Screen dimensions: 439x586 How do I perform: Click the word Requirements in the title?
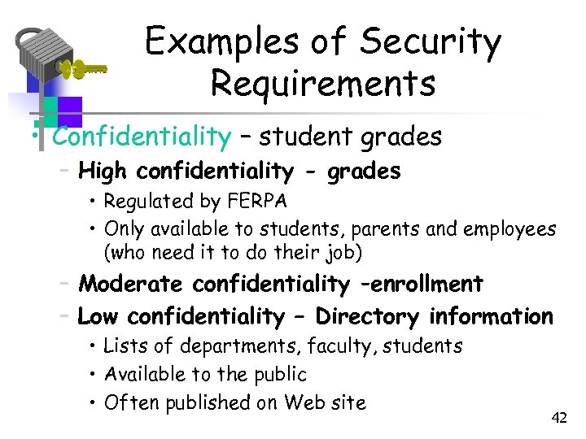(x=322, y=84)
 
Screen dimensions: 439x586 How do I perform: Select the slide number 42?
(x=558, y=418)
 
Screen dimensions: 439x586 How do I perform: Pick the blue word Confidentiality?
(x=142, y=137)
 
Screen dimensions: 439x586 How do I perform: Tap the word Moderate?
(x=130, y=284)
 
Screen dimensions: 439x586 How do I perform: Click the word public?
(x=278, y=374)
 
